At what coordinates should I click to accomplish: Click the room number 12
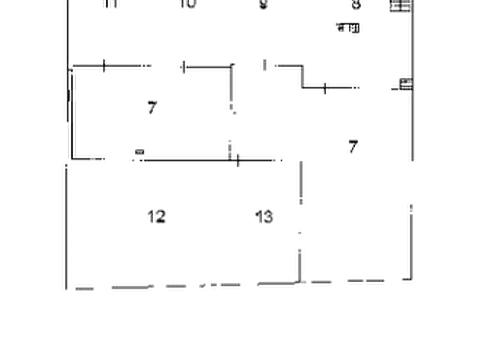tap(156, 216)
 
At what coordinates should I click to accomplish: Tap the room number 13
tap(264, 216)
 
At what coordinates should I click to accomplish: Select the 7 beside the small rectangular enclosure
tap(153, 107)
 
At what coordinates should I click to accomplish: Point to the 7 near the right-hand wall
tap(353, 146)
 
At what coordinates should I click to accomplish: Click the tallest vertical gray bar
tap(301, 181)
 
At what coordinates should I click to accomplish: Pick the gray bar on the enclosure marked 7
tap(230, 89)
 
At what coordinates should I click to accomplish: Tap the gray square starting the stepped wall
tap(264, 65)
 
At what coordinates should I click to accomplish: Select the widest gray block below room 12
tap(128, 288)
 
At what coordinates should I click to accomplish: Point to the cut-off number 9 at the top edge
tap(263, 5)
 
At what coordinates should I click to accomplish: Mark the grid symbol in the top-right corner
tap(399, 6)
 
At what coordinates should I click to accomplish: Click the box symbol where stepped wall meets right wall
tap(404, 83)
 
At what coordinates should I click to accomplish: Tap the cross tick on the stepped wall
tap(325, 88)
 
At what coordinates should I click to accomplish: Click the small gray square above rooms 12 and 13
tap(230, 145)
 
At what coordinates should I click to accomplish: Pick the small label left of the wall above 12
tap(139, 156)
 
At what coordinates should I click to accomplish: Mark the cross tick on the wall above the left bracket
tap(105, 65)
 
